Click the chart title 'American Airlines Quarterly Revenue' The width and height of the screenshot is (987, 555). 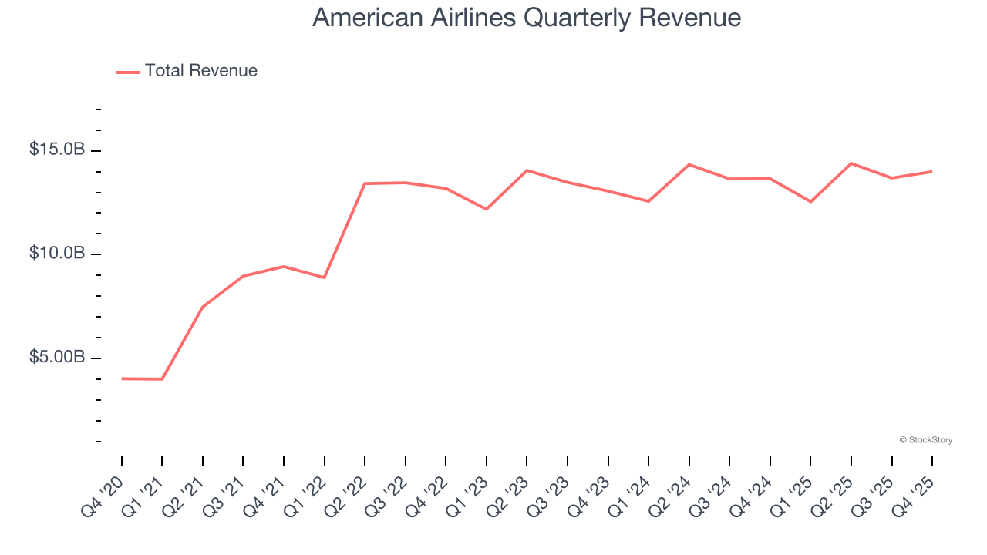coord(527,18)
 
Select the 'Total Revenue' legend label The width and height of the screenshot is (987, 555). coord(200,71)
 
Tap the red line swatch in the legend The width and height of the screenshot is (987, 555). coord(127,72)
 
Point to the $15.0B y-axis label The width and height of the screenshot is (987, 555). coord(57,150)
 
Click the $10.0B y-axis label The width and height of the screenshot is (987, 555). coord(57,254)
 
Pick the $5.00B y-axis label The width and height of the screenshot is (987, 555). coord(57,358)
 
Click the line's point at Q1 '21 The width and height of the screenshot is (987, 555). coord(162,379)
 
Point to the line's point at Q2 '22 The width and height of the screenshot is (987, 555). coord(365,183)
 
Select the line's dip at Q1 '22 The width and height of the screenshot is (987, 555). coord(325,277)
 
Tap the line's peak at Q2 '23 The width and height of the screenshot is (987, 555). coord(527,170)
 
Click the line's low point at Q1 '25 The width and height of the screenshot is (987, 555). coord(810,202)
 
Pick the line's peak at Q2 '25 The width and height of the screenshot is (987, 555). coord(851,163)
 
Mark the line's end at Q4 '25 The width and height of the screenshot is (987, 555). coord(932,171)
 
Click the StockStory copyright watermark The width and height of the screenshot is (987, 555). coord(925,440)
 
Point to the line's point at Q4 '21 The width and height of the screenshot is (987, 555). coord(284,267)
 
